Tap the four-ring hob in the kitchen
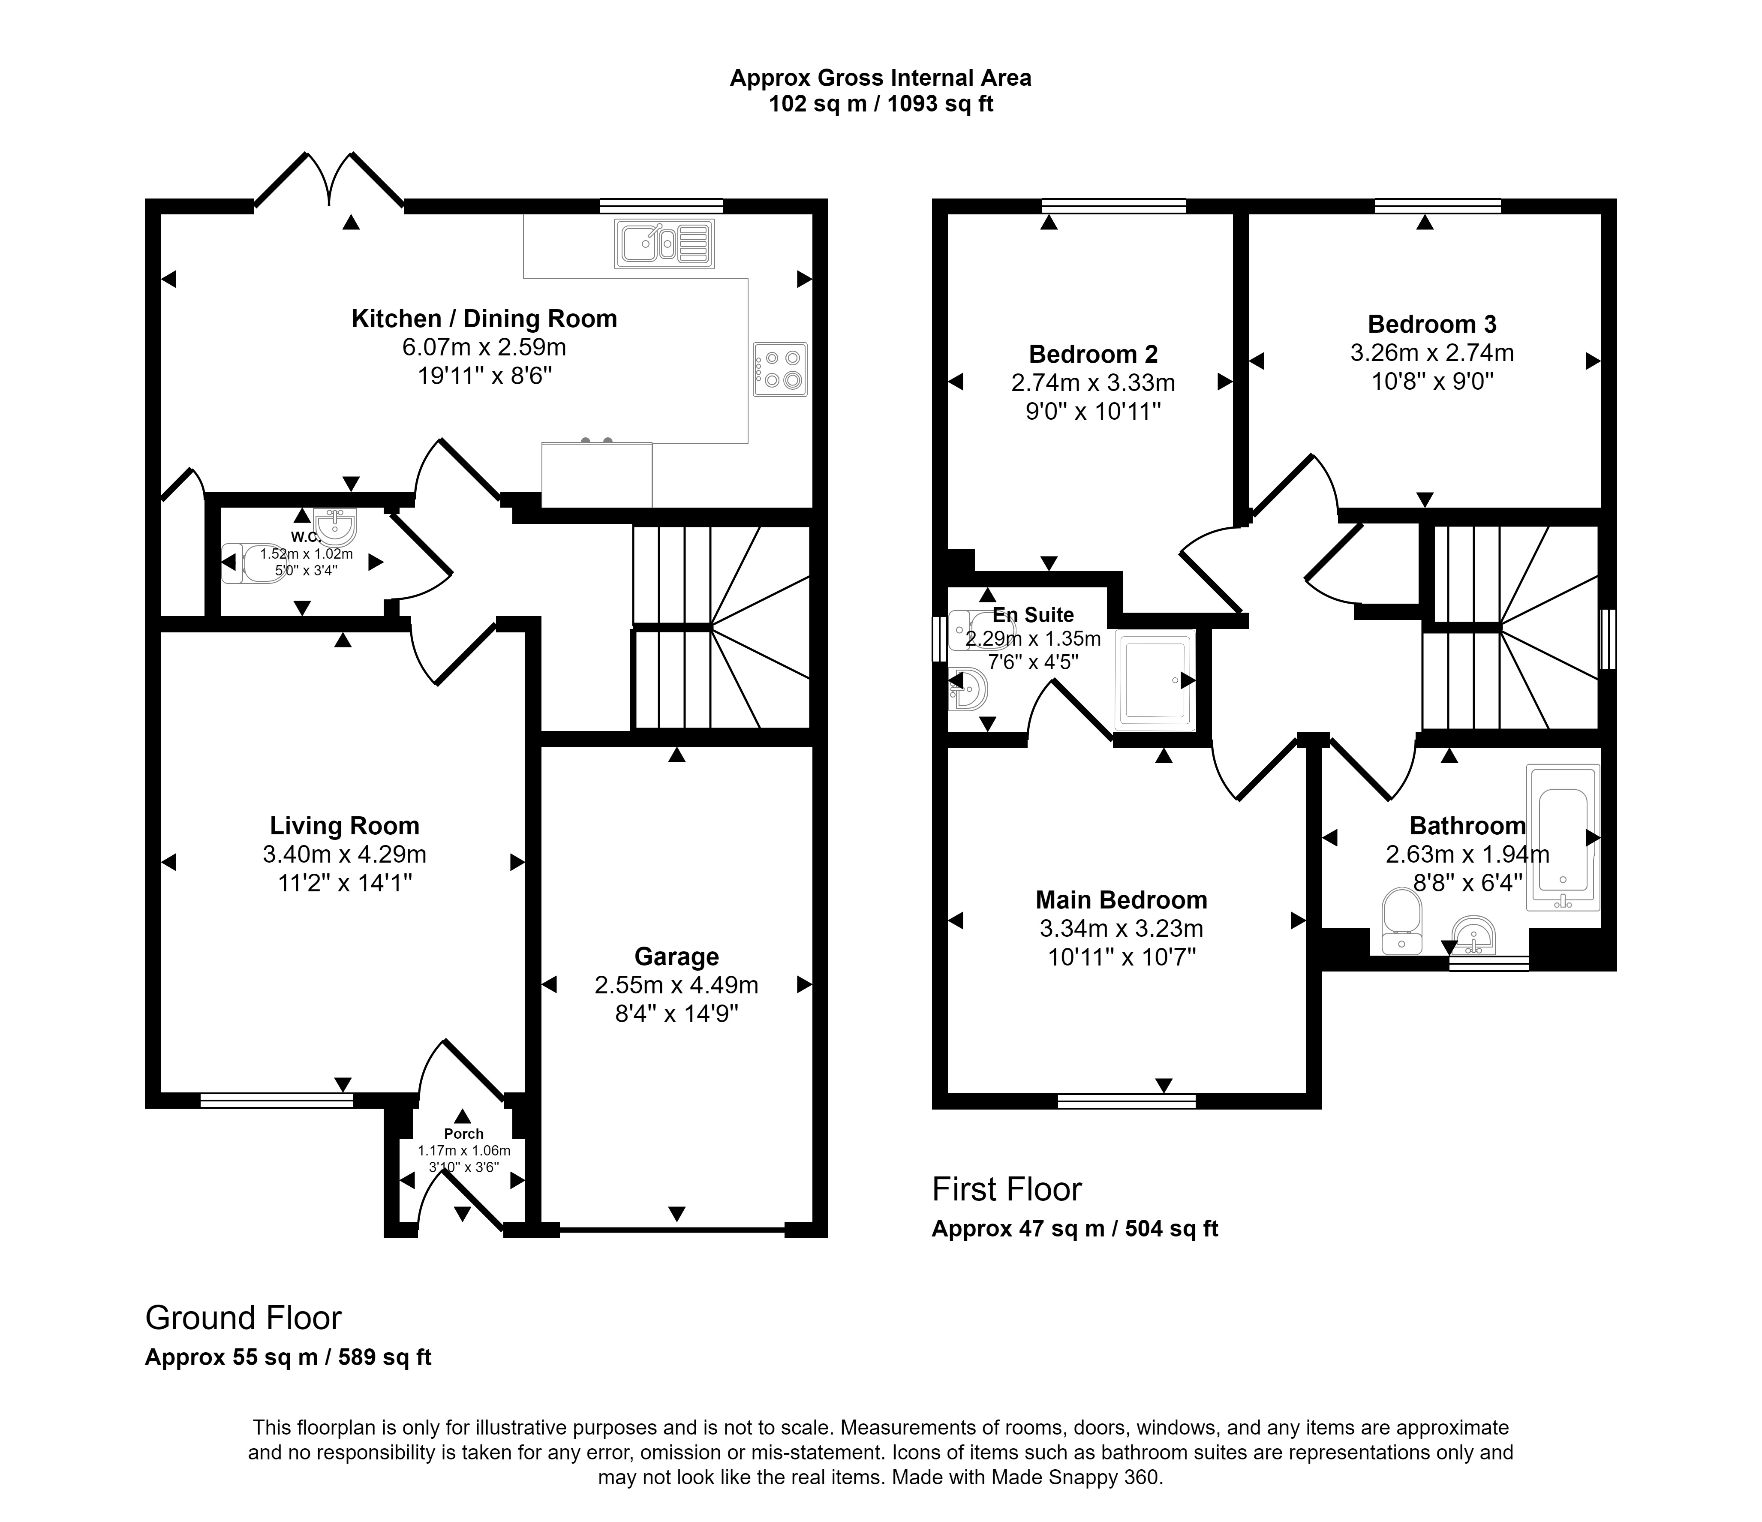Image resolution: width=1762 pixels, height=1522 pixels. (780, 369)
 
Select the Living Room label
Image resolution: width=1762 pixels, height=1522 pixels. (344, 826)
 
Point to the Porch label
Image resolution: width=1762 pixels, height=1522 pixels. (463, 1134)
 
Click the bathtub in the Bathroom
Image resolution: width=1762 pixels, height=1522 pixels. (1563, 837)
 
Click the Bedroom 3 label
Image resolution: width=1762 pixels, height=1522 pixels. (1432, 324)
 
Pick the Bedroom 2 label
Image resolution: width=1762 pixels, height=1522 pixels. (1094, 354)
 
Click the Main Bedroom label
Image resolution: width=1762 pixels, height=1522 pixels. (1121, 899)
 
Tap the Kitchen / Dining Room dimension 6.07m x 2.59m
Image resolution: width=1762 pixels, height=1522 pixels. (484, 347)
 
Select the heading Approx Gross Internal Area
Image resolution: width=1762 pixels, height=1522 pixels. (881, 78)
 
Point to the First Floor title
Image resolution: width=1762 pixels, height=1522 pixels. (1007, 1190)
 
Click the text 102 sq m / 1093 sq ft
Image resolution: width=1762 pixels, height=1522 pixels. (881, 104)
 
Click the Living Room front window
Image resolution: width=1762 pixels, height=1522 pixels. (277, 1100)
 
